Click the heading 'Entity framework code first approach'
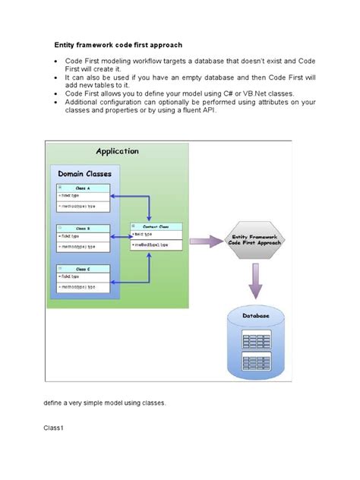(118, 45)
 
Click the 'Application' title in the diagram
(116, 150)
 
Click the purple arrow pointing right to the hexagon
(206, 242)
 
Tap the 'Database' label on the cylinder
(256, 314)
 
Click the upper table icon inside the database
(256, 336)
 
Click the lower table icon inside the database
(256, 362)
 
